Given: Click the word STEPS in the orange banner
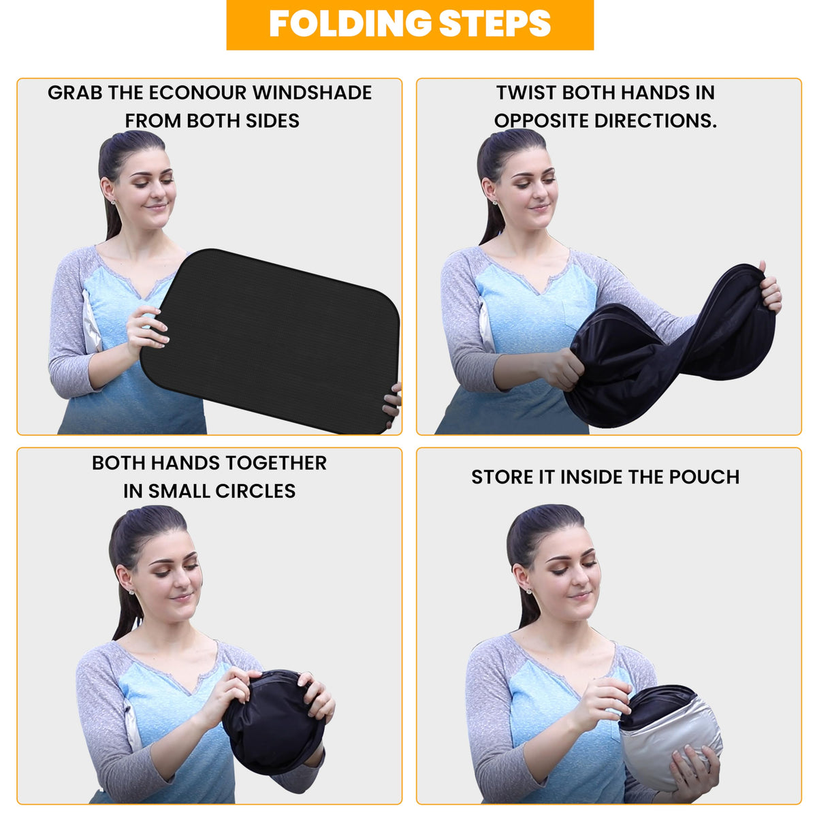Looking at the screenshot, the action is click(494, 23).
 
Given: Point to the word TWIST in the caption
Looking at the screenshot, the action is click(526, 93).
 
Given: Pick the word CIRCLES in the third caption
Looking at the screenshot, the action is click(255, 491).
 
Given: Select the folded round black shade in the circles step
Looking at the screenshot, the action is click(274, 721).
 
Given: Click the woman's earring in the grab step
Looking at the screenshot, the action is click(114, 203).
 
